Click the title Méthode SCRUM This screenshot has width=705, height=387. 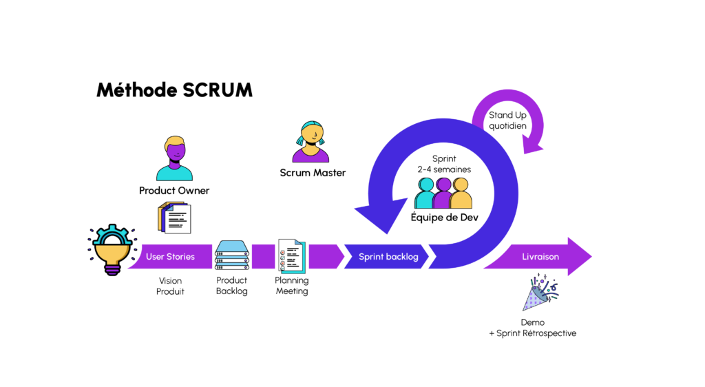coord(173,90)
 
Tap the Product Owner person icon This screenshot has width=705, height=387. coord(174,158)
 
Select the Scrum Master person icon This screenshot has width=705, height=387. coord(312,142)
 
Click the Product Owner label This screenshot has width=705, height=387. coord(174,191)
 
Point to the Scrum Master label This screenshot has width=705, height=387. coord(313,173)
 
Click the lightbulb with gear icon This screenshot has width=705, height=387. coord(112,250)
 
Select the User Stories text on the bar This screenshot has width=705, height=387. coord(170,257)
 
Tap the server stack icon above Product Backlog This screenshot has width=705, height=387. coord(231,255)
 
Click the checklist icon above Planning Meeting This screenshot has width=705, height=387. coord(291,256)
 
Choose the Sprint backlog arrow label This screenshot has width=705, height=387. coord(388,257)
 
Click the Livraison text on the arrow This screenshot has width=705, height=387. coord(540,257)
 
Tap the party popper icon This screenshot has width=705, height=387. coord(538,292)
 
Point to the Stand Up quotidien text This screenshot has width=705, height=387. coord(507,121)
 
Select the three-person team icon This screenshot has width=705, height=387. coord(443,193)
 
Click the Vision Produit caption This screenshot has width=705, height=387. coord(170,286)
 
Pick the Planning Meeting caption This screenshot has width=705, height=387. coord(291,286)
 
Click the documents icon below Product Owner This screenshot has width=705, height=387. coord(173,218)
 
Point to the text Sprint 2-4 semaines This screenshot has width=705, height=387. coord(444,163)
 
